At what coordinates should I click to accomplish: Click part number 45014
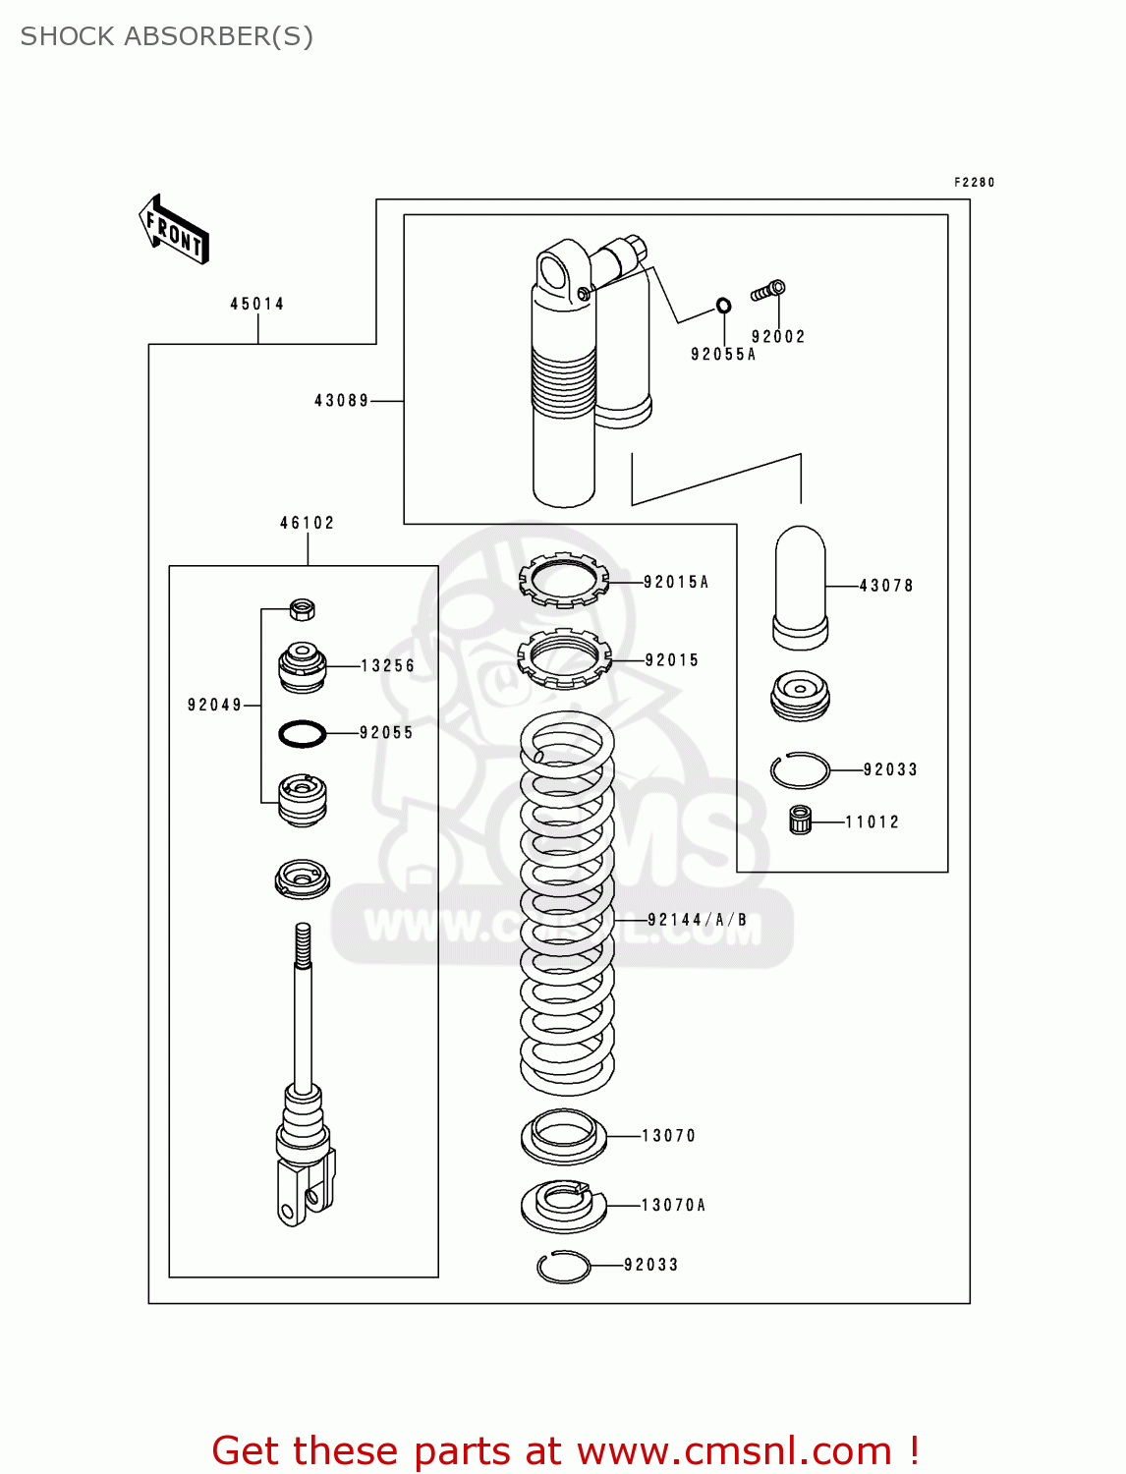point(257,304)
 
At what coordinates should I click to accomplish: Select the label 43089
point(341,400)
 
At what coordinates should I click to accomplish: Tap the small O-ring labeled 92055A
point(723,306)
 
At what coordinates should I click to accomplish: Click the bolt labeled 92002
point(768,290)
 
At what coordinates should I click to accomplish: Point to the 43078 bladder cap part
point(800,588)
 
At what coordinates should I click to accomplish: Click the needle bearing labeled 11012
point(801,820)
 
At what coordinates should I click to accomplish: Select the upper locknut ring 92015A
point(563,580)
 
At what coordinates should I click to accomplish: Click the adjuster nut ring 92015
point(564,658)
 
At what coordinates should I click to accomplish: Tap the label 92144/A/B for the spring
point(697,920)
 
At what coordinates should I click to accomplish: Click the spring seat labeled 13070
point(563,1136)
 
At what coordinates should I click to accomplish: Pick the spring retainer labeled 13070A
point(563,1205)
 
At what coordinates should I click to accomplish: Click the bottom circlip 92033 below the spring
point(563,1267)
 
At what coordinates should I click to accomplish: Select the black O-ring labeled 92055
point(302,733)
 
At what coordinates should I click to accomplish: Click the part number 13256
point(387,665)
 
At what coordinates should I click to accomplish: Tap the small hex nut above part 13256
point(303,609)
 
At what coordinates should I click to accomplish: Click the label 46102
point(307,523)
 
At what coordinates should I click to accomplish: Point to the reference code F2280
point(974,183)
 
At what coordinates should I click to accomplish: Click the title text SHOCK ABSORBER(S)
point(167,36)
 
